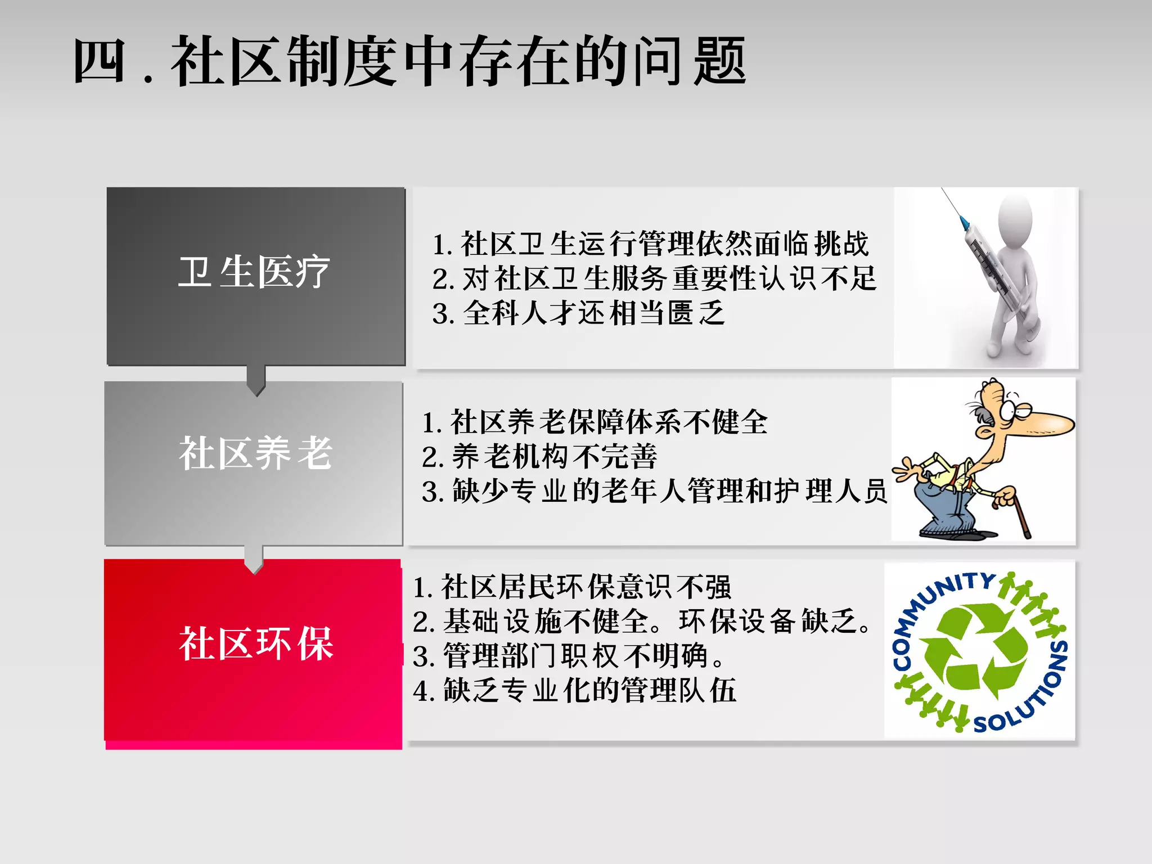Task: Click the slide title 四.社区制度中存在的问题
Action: coord(409,61)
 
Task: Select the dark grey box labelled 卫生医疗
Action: coord(255,276)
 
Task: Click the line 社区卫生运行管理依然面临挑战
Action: coord(651,244)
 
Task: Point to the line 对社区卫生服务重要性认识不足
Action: coord(655,278)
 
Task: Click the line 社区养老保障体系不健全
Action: coord(595,422)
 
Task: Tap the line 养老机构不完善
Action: coord(540,456)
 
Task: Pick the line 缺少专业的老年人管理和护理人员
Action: coord(655,491)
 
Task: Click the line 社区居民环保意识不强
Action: coord(571,587)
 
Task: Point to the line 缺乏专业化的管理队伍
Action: coord(574,691)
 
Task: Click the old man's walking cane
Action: coord(1020,515)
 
